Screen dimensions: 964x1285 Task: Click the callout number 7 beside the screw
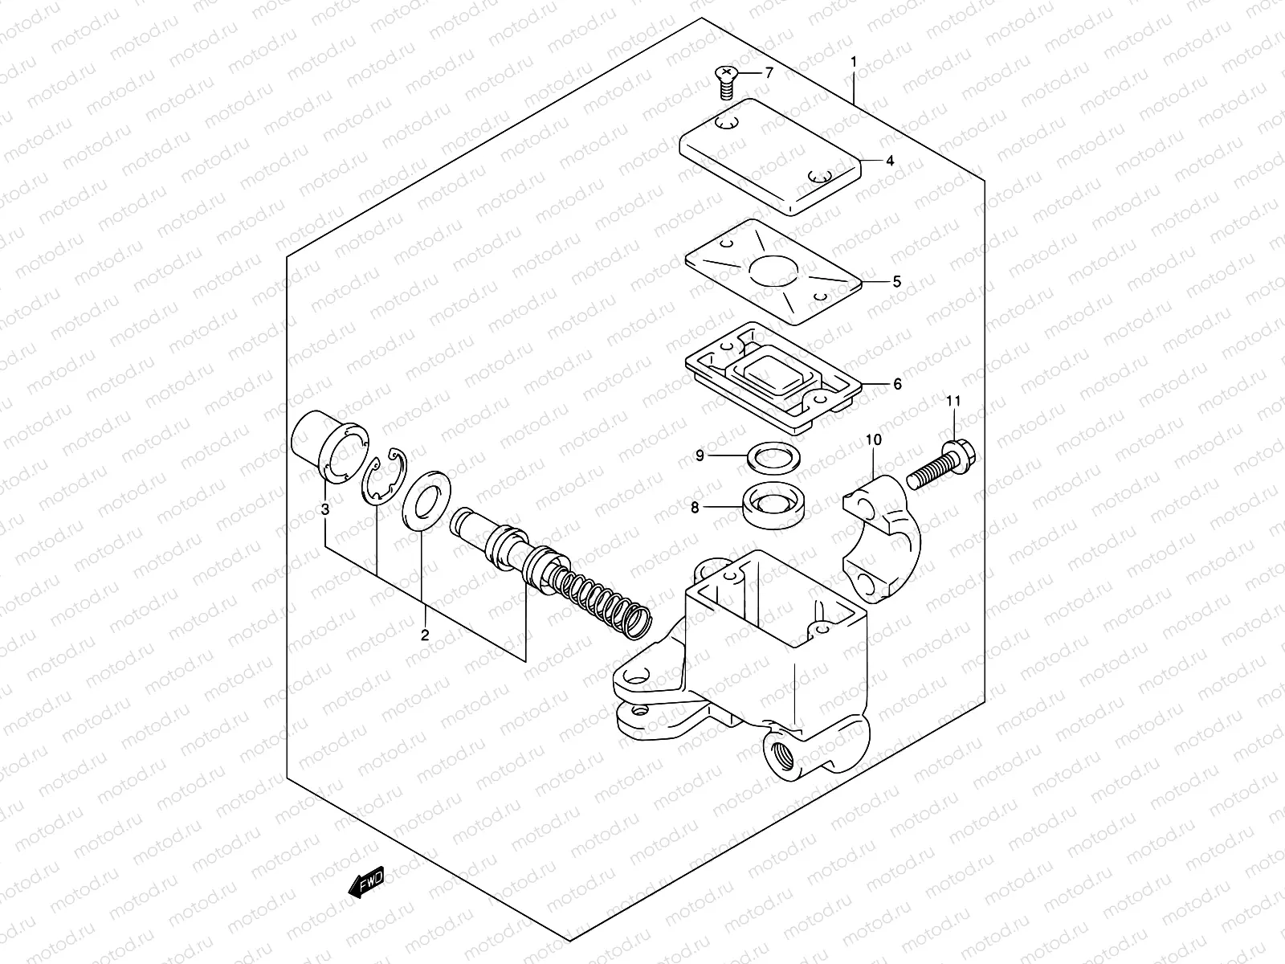[768, 73]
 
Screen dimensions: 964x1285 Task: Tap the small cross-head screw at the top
[724, 80]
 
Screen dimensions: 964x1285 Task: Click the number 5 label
[897, 282]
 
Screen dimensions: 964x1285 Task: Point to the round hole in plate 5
[773, 271]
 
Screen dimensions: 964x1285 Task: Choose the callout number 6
[897, 384]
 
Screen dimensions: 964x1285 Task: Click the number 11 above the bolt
[953, 401]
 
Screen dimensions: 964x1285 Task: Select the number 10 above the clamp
[874, 439]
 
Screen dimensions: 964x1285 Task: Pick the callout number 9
[700, 455]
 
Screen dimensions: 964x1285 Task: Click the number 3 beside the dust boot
[324, 509]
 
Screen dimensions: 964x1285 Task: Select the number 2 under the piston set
[425, 635]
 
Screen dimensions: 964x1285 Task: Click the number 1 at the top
[854, 62]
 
